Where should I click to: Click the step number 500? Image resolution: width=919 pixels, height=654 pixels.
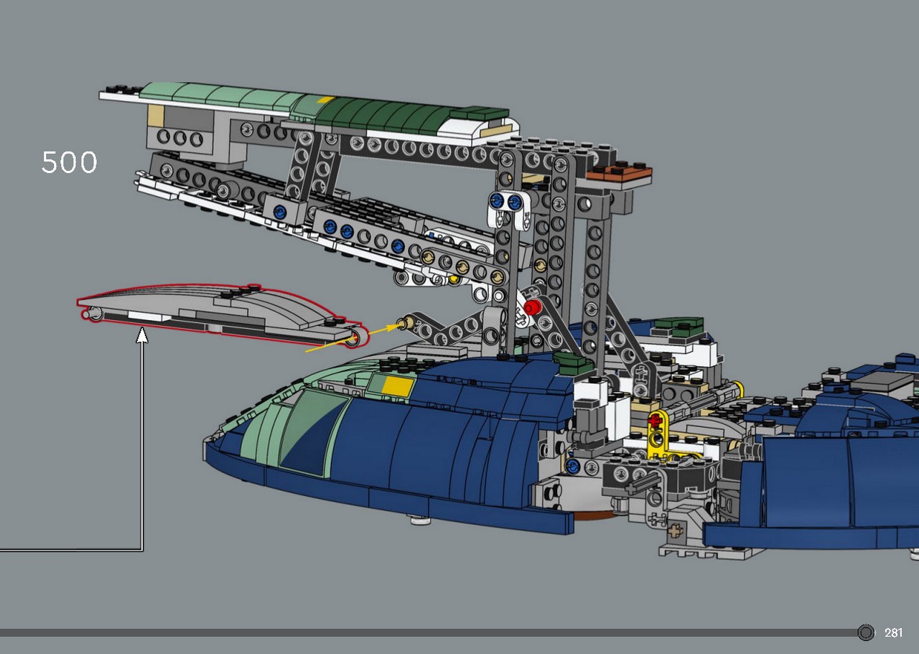click(69, 162)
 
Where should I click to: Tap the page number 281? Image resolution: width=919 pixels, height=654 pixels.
click(893, 632)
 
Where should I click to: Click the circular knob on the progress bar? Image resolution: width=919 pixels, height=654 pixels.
click(866, 632)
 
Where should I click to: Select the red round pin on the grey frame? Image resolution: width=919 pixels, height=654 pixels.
click(533, 307)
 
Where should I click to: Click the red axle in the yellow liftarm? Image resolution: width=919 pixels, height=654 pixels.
click(656, 420)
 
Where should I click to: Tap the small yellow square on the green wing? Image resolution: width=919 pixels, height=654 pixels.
click(326, 100)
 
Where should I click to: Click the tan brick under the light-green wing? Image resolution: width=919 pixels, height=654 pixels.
click(156, 116)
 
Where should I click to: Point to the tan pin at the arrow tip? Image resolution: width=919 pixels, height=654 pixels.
click(406, 322)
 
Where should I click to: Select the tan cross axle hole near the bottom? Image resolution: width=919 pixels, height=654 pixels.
click(675, 531)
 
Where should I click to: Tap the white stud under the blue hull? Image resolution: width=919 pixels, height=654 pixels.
click(419, 520)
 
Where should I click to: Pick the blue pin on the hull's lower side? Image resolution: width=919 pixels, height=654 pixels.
click(572, 466)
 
